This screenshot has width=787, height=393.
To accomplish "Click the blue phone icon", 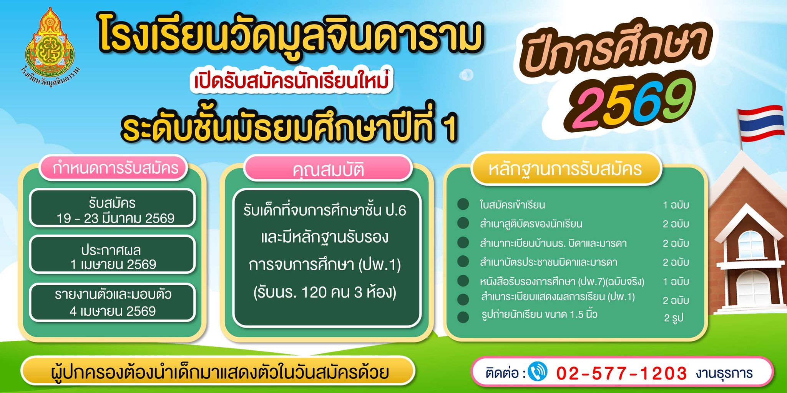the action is point(538,371).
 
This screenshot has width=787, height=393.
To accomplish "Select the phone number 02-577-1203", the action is point(621,373).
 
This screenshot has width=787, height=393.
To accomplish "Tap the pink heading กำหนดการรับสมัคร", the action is point(115,168).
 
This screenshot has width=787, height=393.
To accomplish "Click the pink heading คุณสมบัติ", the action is point(328,170).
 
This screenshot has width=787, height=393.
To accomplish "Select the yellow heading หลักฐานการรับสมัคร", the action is point(565,169).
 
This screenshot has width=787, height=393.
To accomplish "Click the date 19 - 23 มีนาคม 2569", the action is point(115,218).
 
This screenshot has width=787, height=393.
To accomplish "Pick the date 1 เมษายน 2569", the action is point(113,265).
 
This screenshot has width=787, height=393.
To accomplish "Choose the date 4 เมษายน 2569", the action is point(113,311).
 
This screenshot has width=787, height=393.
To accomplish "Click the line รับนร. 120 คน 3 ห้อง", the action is point(325,293).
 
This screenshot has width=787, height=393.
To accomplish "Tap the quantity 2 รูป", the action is point(674,318).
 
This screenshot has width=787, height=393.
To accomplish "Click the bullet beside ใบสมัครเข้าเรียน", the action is point(463,204).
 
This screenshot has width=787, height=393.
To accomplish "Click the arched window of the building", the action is point(750,245).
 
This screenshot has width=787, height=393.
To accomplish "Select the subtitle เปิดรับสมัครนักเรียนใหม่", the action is point(291,81).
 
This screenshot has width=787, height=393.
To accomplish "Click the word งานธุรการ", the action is point(724,373).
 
